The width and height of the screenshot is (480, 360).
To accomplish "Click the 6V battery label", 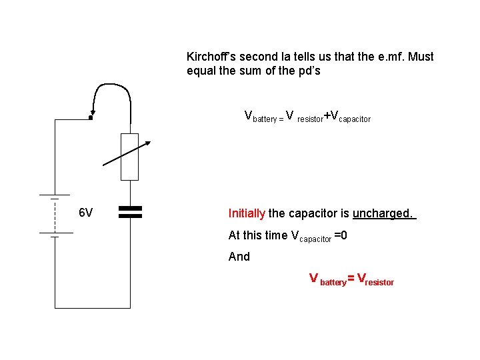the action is pos(85,213).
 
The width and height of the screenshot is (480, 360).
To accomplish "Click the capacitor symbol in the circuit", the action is pos(131,212).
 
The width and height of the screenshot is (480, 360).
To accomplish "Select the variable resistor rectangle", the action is pos(129,157).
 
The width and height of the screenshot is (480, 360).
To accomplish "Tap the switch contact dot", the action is pos(90,119).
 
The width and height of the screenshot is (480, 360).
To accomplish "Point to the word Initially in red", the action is pos(247,213).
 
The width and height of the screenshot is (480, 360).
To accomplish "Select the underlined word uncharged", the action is pos(383,213).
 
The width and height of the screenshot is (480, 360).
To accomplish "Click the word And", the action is pos(239,257).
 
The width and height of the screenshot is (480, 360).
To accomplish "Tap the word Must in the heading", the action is pos(420,57).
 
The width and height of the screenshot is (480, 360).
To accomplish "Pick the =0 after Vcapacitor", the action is pos(340,235).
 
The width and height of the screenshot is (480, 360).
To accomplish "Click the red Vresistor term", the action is pos(376,279).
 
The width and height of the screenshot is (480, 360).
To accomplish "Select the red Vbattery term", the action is pos(327,279).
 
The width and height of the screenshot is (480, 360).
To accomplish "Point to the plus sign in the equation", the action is pos(327,116).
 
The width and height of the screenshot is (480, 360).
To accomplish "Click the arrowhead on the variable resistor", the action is pos(148,143).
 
